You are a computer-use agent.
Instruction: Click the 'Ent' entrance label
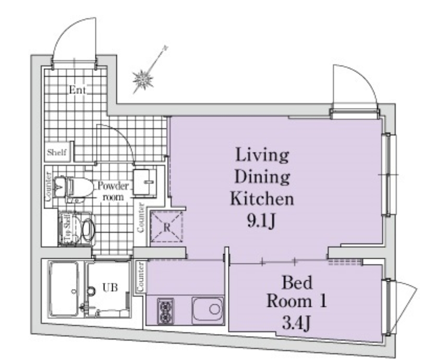pyautogui.click(x=78, y=90)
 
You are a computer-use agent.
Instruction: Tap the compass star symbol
pyautogui.click(x=143, y=79)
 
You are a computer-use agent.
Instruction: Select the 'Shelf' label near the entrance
pyautogui.click(x=57, y=152)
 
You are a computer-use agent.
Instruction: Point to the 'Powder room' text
pyautogui.click(x=113, y=191)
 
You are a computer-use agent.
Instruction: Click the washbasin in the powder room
pyautogui.click(x=144, y=183)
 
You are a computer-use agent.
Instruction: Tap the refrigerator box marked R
pyautogui.click(x=166, y=226)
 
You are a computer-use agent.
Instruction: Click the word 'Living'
pyautogui.click(x=262, y=155)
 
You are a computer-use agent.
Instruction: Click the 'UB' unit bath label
pyautogui.click(x=110, y=287)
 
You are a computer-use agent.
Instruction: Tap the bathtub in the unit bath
pyautogui.click(x=64, y=289)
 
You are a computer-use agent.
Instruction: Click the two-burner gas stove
pyautogui.click(x=165, y=311)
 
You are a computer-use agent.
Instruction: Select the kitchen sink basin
pyautogui.click(x=208, y=310)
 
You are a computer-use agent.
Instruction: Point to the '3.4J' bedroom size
pyautogui.click(x=296, y=322)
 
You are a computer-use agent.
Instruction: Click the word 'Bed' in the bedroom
pyautogui.click(x=297, y=283)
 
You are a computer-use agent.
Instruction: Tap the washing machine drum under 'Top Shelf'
pyautogui.click(x=89, y=230)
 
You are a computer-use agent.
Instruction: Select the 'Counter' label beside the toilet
pyautogui.click(x=48, y=187)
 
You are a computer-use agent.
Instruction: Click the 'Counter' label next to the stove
pyautogui.click(x=140, y=277)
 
